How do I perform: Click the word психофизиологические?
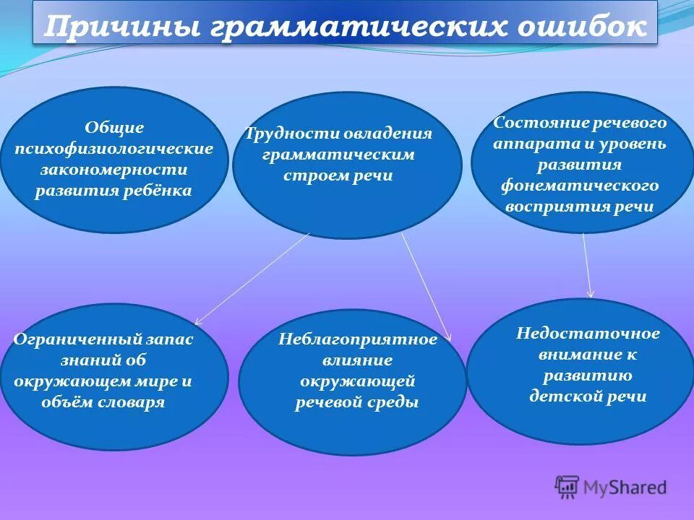click(x=114, y=149)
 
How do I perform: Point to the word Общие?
click(x=115, y=128)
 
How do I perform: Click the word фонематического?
click(x=581, y=186)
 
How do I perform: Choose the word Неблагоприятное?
click(x=358, y=339)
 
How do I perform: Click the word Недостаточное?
click(x=588, y=333)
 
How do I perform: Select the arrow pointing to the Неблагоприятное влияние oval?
click(x=426, y=286)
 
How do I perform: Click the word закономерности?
click(x=114, y=170)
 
